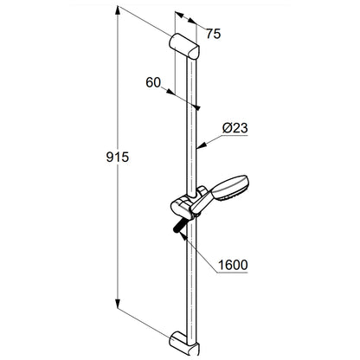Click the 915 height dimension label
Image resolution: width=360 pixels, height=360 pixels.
click(118, 157)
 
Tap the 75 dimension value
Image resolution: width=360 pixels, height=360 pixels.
click(213, 34)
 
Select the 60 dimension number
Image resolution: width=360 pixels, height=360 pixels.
click(153, 82)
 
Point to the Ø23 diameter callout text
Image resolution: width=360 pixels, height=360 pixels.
click(235, 128)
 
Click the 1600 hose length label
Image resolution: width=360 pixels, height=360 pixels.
click(233, 265)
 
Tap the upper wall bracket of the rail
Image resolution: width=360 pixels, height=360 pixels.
click(183, 46)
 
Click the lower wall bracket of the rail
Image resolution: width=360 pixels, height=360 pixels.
click(184, 344)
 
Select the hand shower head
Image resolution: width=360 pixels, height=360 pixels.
click(232, 188)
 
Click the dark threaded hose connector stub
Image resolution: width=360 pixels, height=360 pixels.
click(179, 226)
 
